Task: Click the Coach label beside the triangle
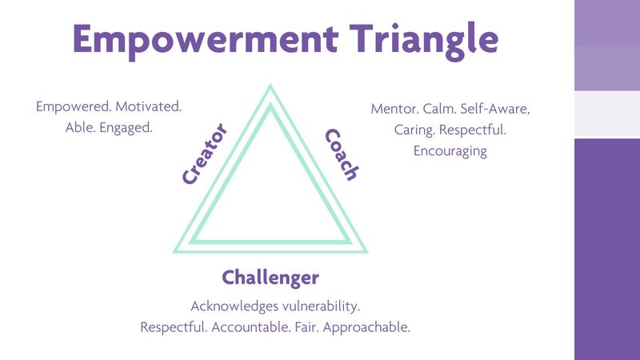341,154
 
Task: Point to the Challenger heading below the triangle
270,278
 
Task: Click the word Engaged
126,127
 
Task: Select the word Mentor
393,108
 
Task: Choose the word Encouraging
450,150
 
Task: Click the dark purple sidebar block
607,248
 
